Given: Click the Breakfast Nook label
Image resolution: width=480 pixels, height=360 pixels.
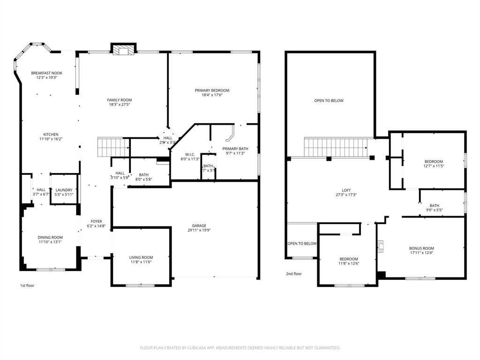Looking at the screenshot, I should (x=46, y=73).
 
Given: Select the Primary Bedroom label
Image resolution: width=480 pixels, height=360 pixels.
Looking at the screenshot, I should (x=212, y=90).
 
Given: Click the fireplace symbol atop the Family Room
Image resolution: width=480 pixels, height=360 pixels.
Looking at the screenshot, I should (x=124, y=50).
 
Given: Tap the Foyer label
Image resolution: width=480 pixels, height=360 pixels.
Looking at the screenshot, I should (x=96, y=221).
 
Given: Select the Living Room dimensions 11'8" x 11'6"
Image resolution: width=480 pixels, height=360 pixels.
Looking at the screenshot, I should (x=141, y=262).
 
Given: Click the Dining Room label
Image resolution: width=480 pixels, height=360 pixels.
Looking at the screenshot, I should (x=50, y=237).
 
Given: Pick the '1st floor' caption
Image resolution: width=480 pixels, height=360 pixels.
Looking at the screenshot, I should (x=27, y=285).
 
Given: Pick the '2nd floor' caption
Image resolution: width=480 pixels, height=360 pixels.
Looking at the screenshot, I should (x=294, y=274).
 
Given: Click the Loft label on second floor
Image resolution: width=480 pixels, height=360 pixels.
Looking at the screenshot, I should (x=346, y=190).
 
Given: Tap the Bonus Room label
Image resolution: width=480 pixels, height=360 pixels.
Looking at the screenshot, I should (x=421, y=248).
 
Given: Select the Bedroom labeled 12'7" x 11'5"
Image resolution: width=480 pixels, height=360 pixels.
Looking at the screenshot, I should (x=433, y=162).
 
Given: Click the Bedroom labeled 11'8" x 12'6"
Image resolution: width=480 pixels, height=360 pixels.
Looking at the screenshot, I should (x=349, y=259).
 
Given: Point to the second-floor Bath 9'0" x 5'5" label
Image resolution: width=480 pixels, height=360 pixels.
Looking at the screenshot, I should (x=434, y=205).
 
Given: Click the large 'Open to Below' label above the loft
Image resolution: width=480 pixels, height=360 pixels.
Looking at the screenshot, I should (x=329, y=100).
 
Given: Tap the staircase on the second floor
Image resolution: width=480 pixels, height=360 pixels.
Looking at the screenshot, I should (x=336, y=147).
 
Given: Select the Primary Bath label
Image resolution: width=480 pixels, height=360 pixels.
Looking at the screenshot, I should (x=235, y=149).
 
